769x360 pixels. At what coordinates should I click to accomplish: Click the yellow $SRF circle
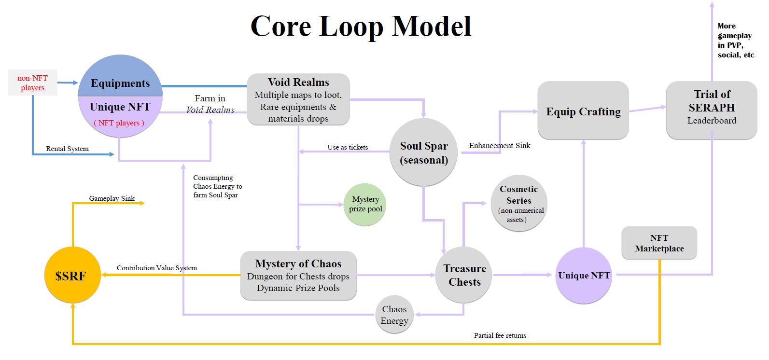click(72, 275)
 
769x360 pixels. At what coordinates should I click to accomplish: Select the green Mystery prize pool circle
click(365, 204)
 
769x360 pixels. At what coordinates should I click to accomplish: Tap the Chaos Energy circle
click(394, 315)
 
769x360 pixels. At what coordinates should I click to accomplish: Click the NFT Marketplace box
click(659, 243)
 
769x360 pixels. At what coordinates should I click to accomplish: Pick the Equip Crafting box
click(583, 111)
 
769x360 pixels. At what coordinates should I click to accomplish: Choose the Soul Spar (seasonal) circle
click(423, 152)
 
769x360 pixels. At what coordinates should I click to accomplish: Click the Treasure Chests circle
click(464, 275)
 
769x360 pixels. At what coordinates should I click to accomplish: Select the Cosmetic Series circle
click(519, 203)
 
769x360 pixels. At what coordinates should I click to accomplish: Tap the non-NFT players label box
click(32, 83)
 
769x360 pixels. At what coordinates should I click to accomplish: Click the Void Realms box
click(298, 99)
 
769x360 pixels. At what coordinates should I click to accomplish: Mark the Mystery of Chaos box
click(298, 275)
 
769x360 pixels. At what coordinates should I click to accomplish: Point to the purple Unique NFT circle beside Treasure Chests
click(584, 275)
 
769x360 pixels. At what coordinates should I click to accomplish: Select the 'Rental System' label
click(67, 149)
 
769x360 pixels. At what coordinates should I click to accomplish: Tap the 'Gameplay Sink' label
click(112, 198)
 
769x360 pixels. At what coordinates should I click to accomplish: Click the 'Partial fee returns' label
click(500, 335)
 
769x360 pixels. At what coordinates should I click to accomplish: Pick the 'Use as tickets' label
click(348, 147)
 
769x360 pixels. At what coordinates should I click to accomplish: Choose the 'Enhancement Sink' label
click(499, 145)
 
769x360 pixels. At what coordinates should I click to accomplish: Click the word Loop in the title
click(351, 27)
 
